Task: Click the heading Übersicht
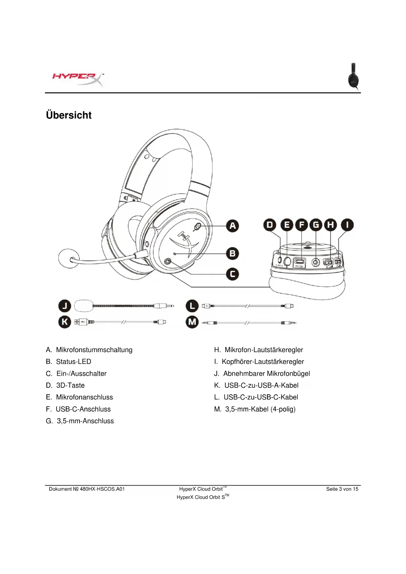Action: coord(69,115)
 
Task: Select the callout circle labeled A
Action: coord(233,226)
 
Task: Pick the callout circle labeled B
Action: coord(233,254)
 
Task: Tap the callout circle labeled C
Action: coord(233,274)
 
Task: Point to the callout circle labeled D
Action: coord(270,225)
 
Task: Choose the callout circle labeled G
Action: coord(316,225)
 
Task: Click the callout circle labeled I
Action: coord(347,225)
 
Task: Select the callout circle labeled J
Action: coord(65,306)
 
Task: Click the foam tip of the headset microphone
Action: coord(68,258)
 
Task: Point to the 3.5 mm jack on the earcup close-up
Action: coord(315,262)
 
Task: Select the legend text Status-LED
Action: coord(73,362)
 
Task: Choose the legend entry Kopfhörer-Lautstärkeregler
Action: coord(263,362)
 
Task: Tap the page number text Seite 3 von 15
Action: coord(342,489)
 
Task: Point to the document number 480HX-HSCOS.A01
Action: coord(102,489)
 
